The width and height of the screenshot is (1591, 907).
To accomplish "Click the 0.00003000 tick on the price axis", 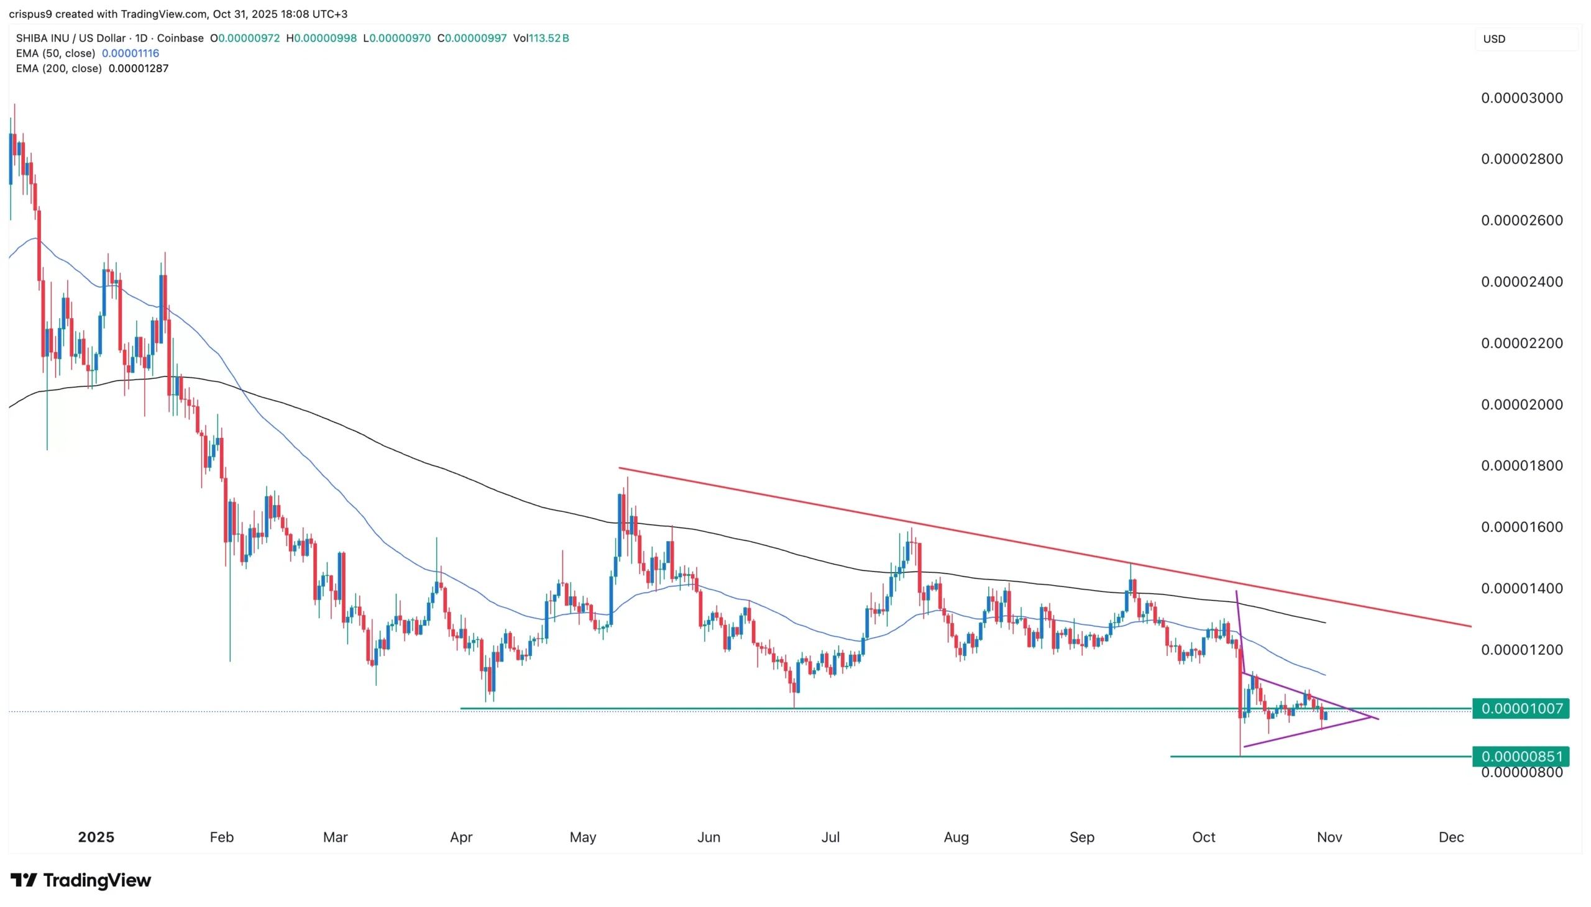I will (x=1521, y=98).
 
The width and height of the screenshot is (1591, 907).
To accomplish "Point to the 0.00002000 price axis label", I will (x=1521, y=404).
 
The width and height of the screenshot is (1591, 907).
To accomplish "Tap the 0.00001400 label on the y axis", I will (x=1521, y=588).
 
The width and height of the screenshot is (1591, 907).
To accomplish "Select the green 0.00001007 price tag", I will (x=1520, y=708).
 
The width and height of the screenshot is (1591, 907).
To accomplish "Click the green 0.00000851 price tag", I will (x=1520, y=756).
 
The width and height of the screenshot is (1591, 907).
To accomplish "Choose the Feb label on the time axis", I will (x=221, y=837).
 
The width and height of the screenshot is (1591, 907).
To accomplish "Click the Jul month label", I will (x=830, y=837).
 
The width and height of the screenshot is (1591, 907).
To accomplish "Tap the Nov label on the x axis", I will (x=1329, y=837).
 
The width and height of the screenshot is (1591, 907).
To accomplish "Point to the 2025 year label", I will (x=96, y=837).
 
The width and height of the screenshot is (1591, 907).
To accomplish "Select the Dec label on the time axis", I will (x=1451, y=837).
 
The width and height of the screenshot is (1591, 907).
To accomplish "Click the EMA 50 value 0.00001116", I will (x=131, y=53).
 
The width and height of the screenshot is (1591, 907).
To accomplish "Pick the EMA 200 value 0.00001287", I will (x=139, y=68).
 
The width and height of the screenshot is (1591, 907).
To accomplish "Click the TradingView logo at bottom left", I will (x=81, y=880).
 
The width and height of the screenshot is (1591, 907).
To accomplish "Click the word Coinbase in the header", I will (x=180, y=38).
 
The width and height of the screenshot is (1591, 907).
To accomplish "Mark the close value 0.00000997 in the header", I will (x=475, y=38).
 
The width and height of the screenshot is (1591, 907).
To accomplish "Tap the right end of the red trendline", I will (x=1470, y=626).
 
